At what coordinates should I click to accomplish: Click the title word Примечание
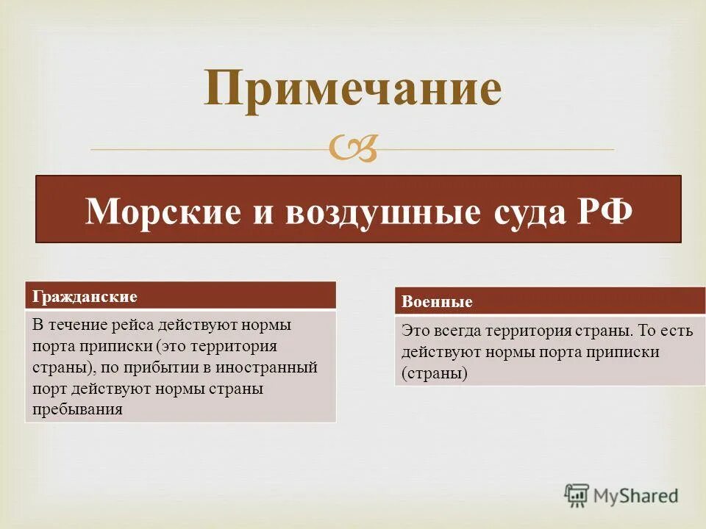[x=353, y=90]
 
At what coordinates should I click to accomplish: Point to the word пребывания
[x=76, y=409]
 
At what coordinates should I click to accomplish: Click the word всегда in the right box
[x=457, y=331]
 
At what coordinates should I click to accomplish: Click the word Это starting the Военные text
[x=414, y=331]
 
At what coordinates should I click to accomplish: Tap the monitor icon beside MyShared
[x=577, y=496]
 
